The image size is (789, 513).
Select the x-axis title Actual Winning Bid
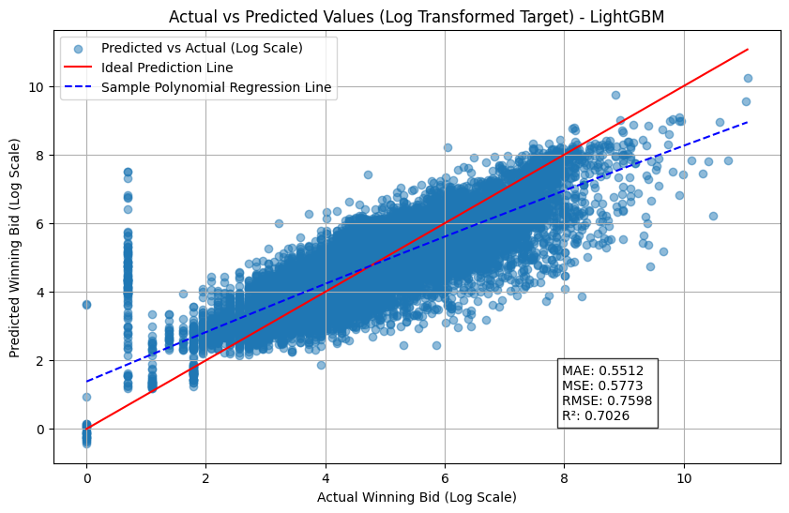pyautogui.click(x=417, y=496)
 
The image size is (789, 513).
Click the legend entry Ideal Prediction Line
pyautogui.click(x=167, y=68)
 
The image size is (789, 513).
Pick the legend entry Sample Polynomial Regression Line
pyautogui.click(x=216, y=88)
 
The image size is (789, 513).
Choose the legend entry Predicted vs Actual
pyautogui.click(x=201, y=48)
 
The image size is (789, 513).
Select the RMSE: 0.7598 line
pyautogui.click(x=606, y=400)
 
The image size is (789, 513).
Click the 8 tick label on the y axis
pyautogui.click(x=41, y=155)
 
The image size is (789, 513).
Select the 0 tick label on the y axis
pyautogui.click(x=41, y=429)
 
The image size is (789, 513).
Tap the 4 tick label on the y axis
pyautogui.click(x=41, y=292)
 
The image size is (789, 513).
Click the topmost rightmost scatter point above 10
pyautogui.click(x=748, y=78)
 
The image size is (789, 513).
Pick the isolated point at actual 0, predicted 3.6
pyautogui.click(x=86, y=305)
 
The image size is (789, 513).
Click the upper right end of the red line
pyautogui.click(x=748, y=49)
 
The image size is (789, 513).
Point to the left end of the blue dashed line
pyautogui.click(x=87, y=382)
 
